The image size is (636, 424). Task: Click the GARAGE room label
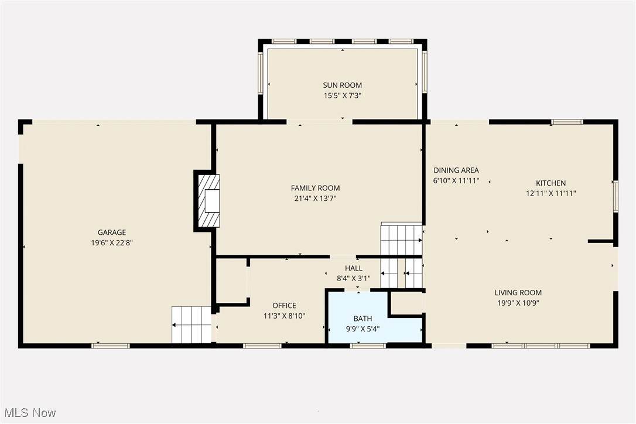tap(111, 232)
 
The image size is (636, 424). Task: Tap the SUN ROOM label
tap(343, 85)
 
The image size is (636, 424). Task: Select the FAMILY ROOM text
tap(315, 188)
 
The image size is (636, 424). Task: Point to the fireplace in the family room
tap(208, 201)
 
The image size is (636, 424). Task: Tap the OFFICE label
tap(284, 306)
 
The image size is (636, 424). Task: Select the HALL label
tap(354, 268)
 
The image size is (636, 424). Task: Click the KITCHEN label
tap(551, 183)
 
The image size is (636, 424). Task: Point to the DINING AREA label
tap(456, 170)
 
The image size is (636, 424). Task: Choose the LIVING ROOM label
tap(518, 293)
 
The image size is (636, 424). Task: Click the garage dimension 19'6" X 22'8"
tap(112, 243)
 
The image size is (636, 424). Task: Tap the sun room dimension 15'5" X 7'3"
tap(343, 96)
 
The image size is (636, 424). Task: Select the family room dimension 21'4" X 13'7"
tap(315, 199)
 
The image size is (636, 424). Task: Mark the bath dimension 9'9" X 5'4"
tap(363, 329)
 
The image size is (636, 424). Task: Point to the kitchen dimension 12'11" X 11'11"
tap(551, 193)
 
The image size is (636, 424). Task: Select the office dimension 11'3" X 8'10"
tap(284, 316)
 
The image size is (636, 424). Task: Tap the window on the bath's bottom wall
tap(368, 346)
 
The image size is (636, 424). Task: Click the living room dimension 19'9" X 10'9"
tap(518, 303)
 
